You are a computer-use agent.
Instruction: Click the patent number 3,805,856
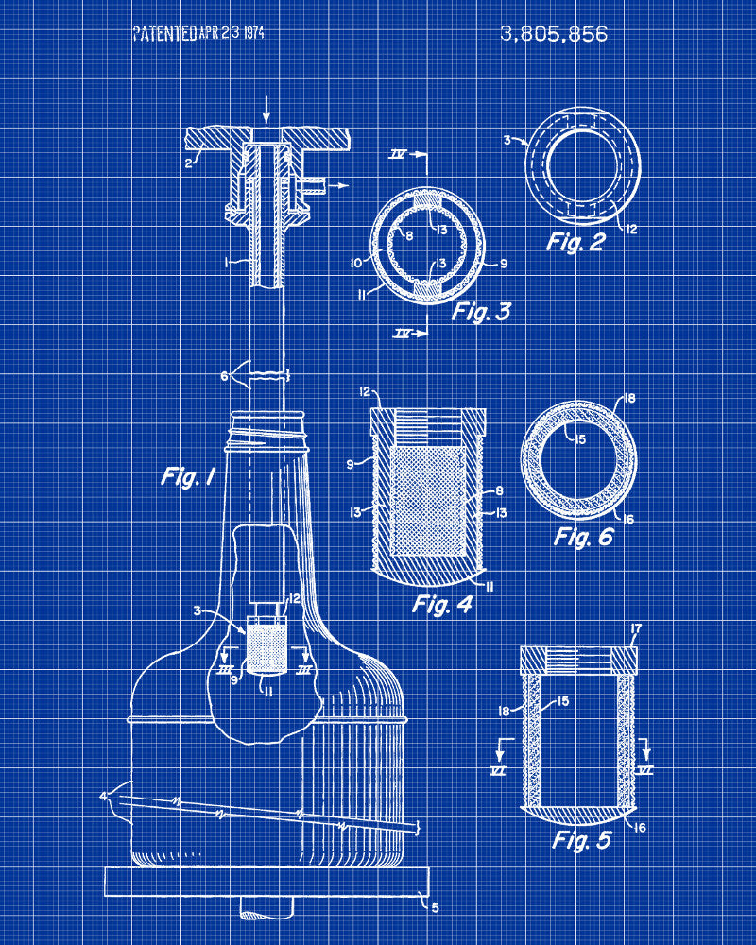pyautogui.click(x=554, y=34)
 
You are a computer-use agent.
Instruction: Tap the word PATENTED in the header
pyautogui.click(x=164, y=33)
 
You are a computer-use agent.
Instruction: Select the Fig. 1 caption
pyautogui.click(x=188, y=476)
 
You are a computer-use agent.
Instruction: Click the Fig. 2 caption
pyautogui.click(x=576, y=242)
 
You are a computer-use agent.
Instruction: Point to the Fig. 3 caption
pyautogui.click(x=481, y=311)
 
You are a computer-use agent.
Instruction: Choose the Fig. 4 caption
pyautogui.click(x=442, y=604)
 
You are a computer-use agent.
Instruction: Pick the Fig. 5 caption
pyautogui.click(x=582, y=839)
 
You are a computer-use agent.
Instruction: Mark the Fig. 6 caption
pyautogui.click(x=584, y=536)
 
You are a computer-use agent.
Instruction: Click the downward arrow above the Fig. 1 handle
pyautogui.click(x=266, y=110)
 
